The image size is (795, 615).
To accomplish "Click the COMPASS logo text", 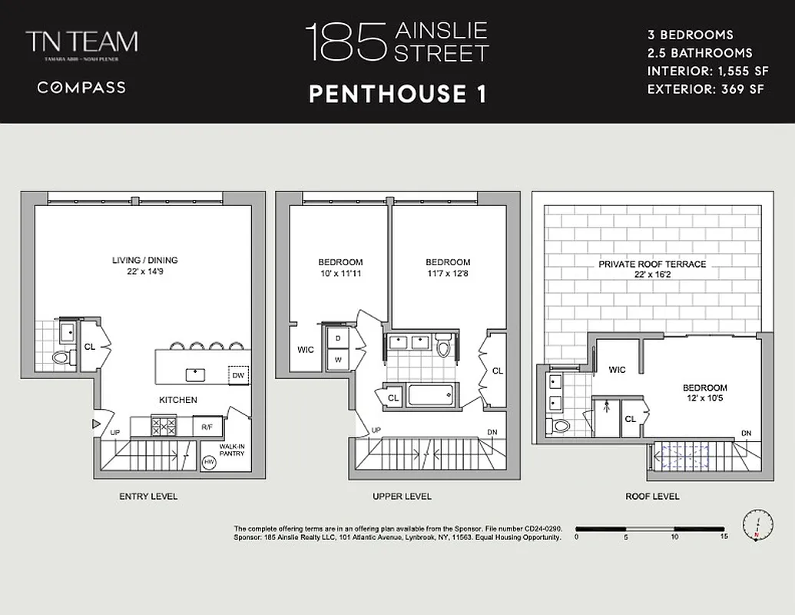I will pos(81,88).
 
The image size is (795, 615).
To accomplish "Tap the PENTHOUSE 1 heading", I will pos(397,94).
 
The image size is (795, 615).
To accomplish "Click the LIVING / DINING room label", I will pos(144,261).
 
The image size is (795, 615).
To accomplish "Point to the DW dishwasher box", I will pos(239,374).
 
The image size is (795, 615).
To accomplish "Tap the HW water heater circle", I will pos(208,462).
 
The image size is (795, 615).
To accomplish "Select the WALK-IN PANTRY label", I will pos(230,450).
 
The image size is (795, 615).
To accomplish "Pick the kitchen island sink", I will pos(195,374).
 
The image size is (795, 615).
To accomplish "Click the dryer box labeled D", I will pos(338,339).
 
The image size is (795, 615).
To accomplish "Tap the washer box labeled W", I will pos(338,359).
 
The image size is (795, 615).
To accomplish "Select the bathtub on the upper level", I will pos(432,396).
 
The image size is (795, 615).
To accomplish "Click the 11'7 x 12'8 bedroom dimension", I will pos(448,273).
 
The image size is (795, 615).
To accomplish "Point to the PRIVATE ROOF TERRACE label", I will pos(652,264).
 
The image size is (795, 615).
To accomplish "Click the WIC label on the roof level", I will pos(617,370).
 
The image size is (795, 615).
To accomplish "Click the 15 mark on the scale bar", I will pos(724,537).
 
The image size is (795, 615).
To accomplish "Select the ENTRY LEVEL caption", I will pos(148,497).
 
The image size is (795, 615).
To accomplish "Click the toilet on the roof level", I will pos(560,426).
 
